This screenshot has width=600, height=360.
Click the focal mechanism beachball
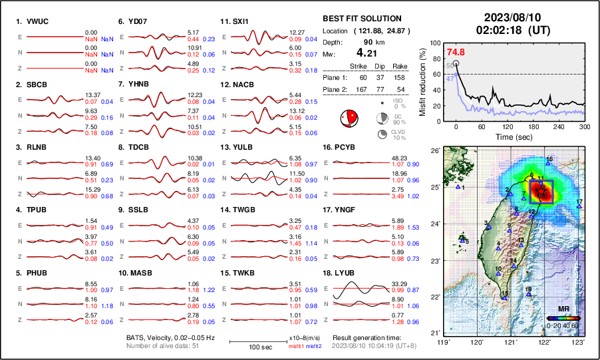(x=349, y=119)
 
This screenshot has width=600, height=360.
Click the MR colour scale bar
(x=563, y=318)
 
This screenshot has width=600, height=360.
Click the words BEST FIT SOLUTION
(x=361, y=19)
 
